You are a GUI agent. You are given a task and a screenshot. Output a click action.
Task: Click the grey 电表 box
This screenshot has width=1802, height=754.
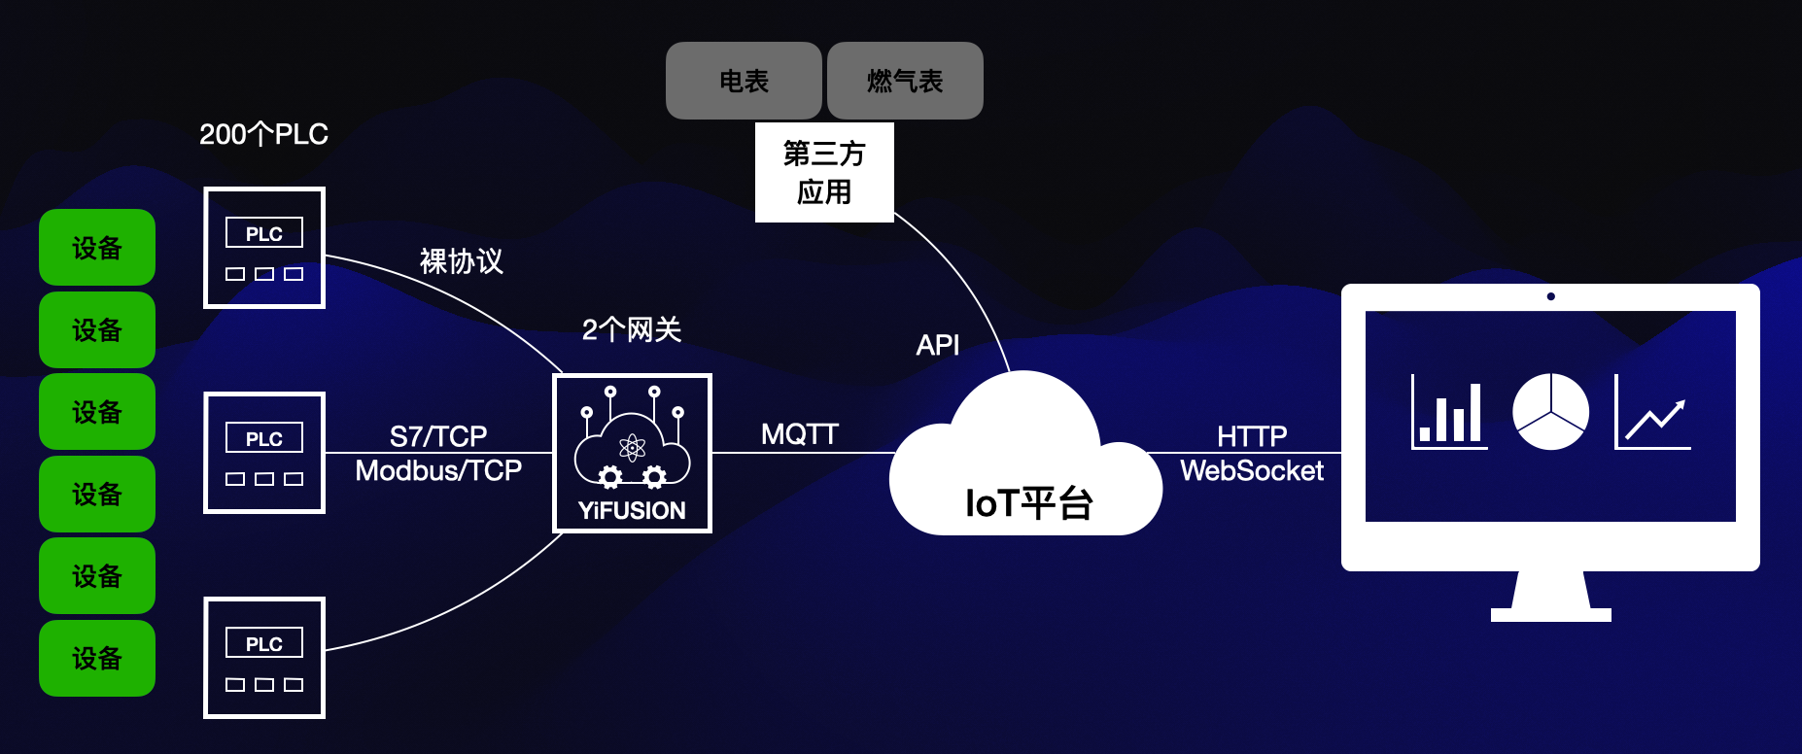[x=744, y=81]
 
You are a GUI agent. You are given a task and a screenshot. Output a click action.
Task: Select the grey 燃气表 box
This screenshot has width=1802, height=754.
[x=905, y=81]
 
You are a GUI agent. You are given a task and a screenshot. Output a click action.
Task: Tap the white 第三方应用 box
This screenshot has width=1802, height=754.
[x=824, y=172]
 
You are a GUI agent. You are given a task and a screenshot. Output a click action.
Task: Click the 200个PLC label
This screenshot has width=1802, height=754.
[x=263, y=134]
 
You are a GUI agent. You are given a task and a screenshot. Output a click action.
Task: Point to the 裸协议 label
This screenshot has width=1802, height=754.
[x=461, y=261]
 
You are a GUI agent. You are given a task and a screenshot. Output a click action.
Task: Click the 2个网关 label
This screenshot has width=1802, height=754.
[x=632, y=330]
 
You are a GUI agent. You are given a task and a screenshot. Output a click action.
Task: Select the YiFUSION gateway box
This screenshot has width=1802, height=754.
[x=632, y=453]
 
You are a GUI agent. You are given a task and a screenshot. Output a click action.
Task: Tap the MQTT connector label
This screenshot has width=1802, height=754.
[x=799, y=434]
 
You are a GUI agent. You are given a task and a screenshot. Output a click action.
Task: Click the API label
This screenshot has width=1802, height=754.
[x=937, y=345]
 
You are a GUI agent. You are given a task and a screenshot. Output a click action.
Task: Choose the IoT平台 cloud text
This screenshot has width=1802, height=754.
[x=1028, y=503]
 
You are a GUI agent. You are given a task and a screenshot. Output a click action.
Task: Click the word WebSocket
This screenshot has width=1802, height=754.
[x=1252, y=471]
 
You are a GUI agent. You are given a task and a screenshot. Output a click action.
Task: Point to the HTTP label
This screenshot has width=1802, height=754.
[x=1252, y=436]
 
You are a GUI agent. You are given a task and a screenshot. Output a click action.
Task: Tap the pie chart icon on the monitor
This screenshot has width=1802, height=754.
[x=1550, y=412]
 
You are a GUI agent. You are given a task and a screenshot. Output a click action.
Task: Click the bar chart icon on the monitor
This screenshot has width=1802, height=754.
[x=1449, y=413]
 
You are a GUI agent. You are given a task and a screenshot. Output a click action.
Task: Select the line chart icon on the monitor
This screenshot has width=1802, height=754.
[x=1652, y=413]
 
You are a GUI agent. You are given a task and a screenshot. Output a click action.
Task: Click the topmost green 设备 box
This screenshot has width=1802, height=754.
[x=97, y=248]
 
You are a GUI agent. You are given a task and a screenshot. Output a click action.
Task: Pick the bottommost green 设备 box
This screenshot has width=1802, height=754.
[x=97, y=658]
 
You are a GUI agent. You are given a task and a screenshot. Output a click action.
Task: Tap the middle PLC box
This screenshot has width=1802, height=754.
[x=264, y=453]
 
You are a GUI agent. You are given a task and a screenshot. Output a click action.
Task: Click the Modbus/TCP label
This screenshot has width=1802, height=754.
[x=438, y=471]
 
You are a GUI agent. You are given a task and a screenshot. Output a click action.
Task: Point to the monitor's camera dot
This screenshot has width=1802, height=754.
[x=1550, y=296]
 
